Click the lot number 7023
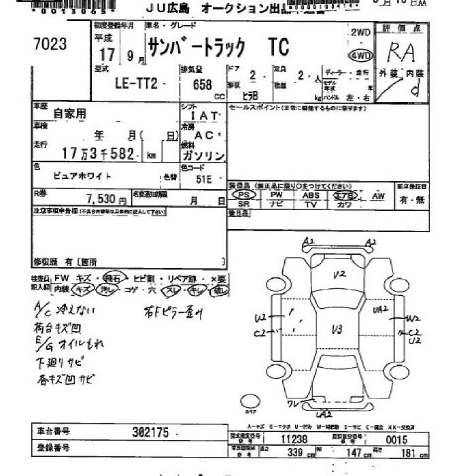click(50, 44)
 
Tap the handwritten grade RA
click(401, 52)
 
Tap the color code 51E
click(203, 180)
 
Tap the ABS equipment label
click(310, 195)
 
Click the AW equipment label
click(378, 196)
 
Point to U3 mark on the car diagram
click(336, 330)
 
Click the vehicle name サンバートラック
click(208, 47)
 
